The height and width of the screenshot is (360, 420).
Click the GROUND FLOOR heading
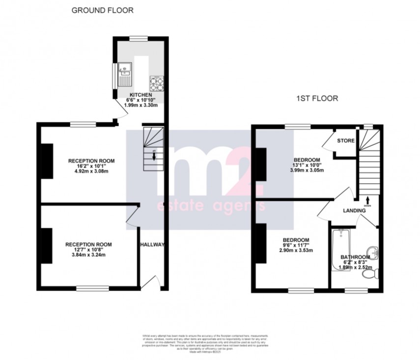tap(103, 10)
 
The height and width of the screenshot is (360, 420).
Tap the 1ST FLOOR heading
tap(317, 98)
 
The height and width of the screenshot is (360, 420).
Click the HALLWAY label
tap(152, 245)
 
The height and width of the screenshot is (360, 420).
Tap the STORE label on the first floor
tap(345, 141)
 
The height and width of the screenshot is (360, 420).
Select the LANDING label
tap(354, 211)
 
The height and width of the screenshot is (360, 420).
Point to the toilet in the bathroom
tap(370, 277)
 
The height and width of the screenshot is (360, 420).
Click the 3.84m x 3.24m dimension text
tap(89, 255)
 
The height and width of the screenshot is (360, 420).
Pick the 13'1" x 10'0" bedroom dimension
tap(307, 166)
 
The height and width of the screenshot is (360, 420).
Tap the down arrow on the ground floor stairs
tap(155, 157)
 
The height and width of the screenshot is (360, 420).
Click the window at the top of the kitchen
tap(139, 38)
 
